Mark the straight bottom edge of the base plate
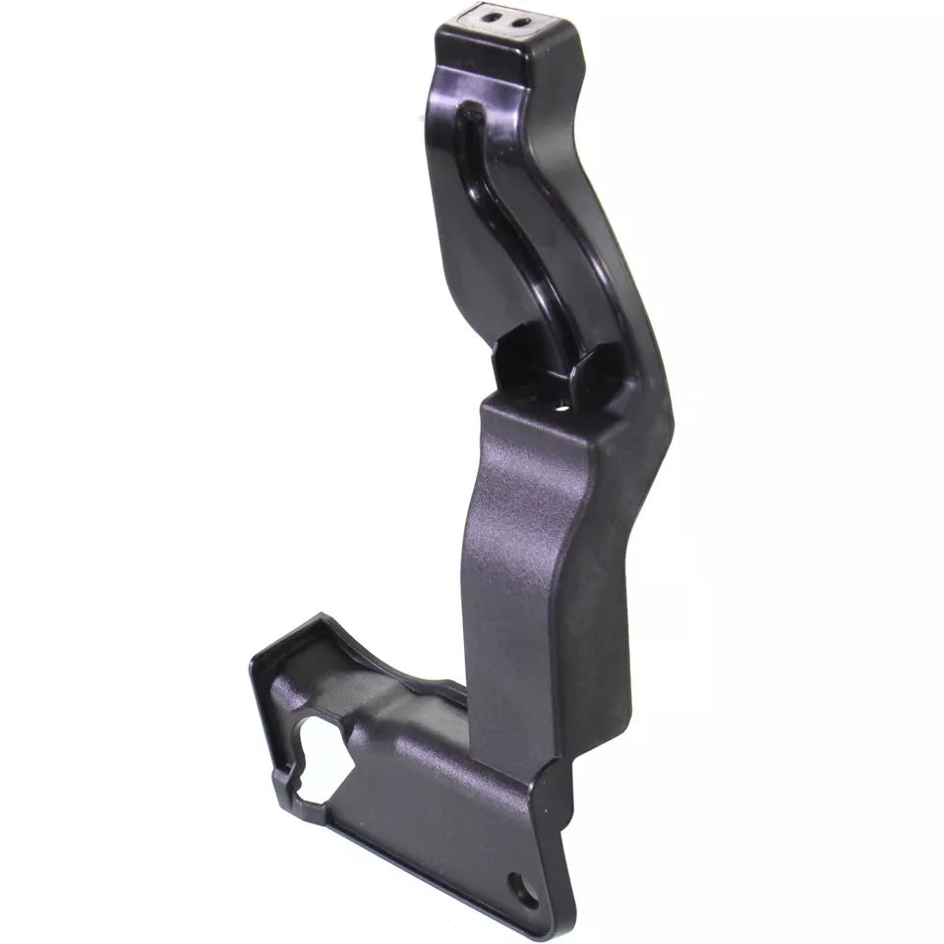pyautogui.click(x=423, y=865)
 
